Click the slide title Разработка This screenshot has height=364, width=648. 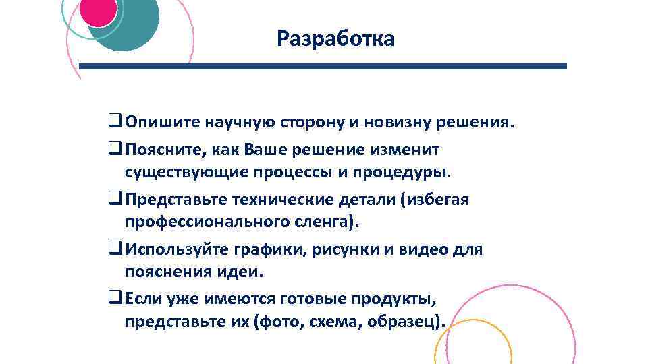click(335, 40)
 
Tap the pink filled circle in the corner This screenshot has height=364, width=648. click(99, 11)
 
